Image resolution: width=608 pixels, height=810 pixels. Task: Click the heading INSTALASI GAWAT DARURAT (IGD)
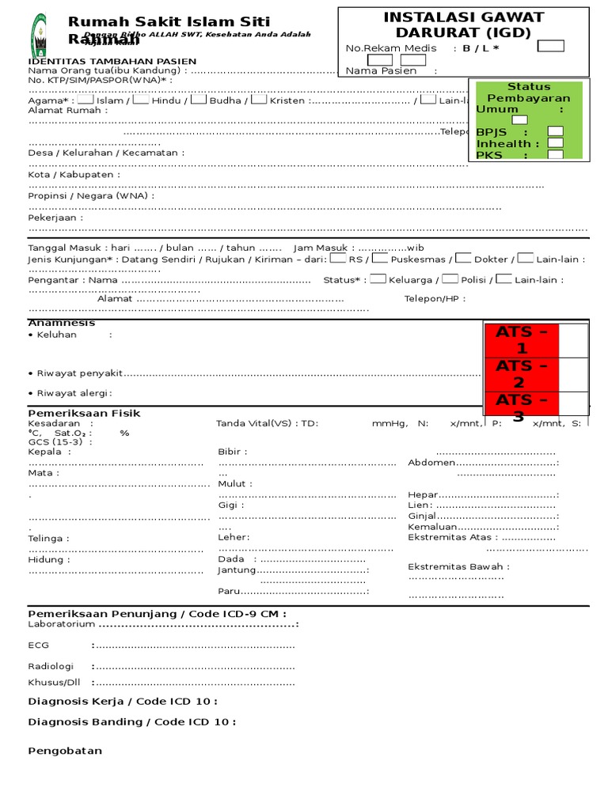point(463,25)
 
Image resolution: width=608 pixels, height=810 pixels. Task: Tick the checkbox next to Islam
point(85,100)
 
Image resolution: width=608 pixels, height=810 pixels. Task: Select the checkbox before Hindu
point(141,100)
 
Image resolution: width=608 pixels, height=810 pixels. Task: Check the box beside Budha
point(199,100)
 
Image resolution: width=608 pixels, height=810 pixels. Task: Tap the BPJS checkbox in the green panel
point(556,131)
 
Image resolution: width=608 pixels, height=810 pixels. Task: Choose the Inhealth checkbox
point(556,143)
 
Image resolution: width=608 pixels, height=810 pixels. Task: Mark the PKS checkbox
point(556,155)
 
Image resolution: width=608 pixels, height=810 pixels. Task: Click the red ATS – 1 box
point(521,340)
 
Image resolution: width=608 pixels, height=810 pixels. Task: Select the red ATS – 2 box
point(521,374)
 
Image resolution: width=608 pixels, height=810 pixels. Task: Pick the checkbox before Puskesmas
point(380,258)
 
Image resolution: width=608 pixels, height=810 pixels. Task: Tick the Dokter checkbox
point(463,258)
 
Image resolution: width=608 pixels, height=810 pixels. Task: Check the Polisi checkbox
point(450,278)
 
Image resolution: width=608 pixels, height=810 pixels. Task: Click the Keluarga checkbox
point(378,278)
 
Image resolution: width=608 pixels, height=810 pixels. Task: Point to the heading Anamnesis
point(62,323)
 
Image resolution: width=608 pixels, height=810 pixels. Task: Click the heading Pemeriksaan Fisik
point(84,413)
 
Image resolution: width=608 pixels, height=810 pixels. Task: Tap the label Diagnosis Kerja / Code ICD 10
point(122,701)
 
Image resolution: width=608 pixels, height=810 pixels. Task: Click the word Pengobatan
point(65,751)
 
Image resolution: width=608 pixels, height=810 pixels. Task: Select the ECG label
point(38,645)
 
